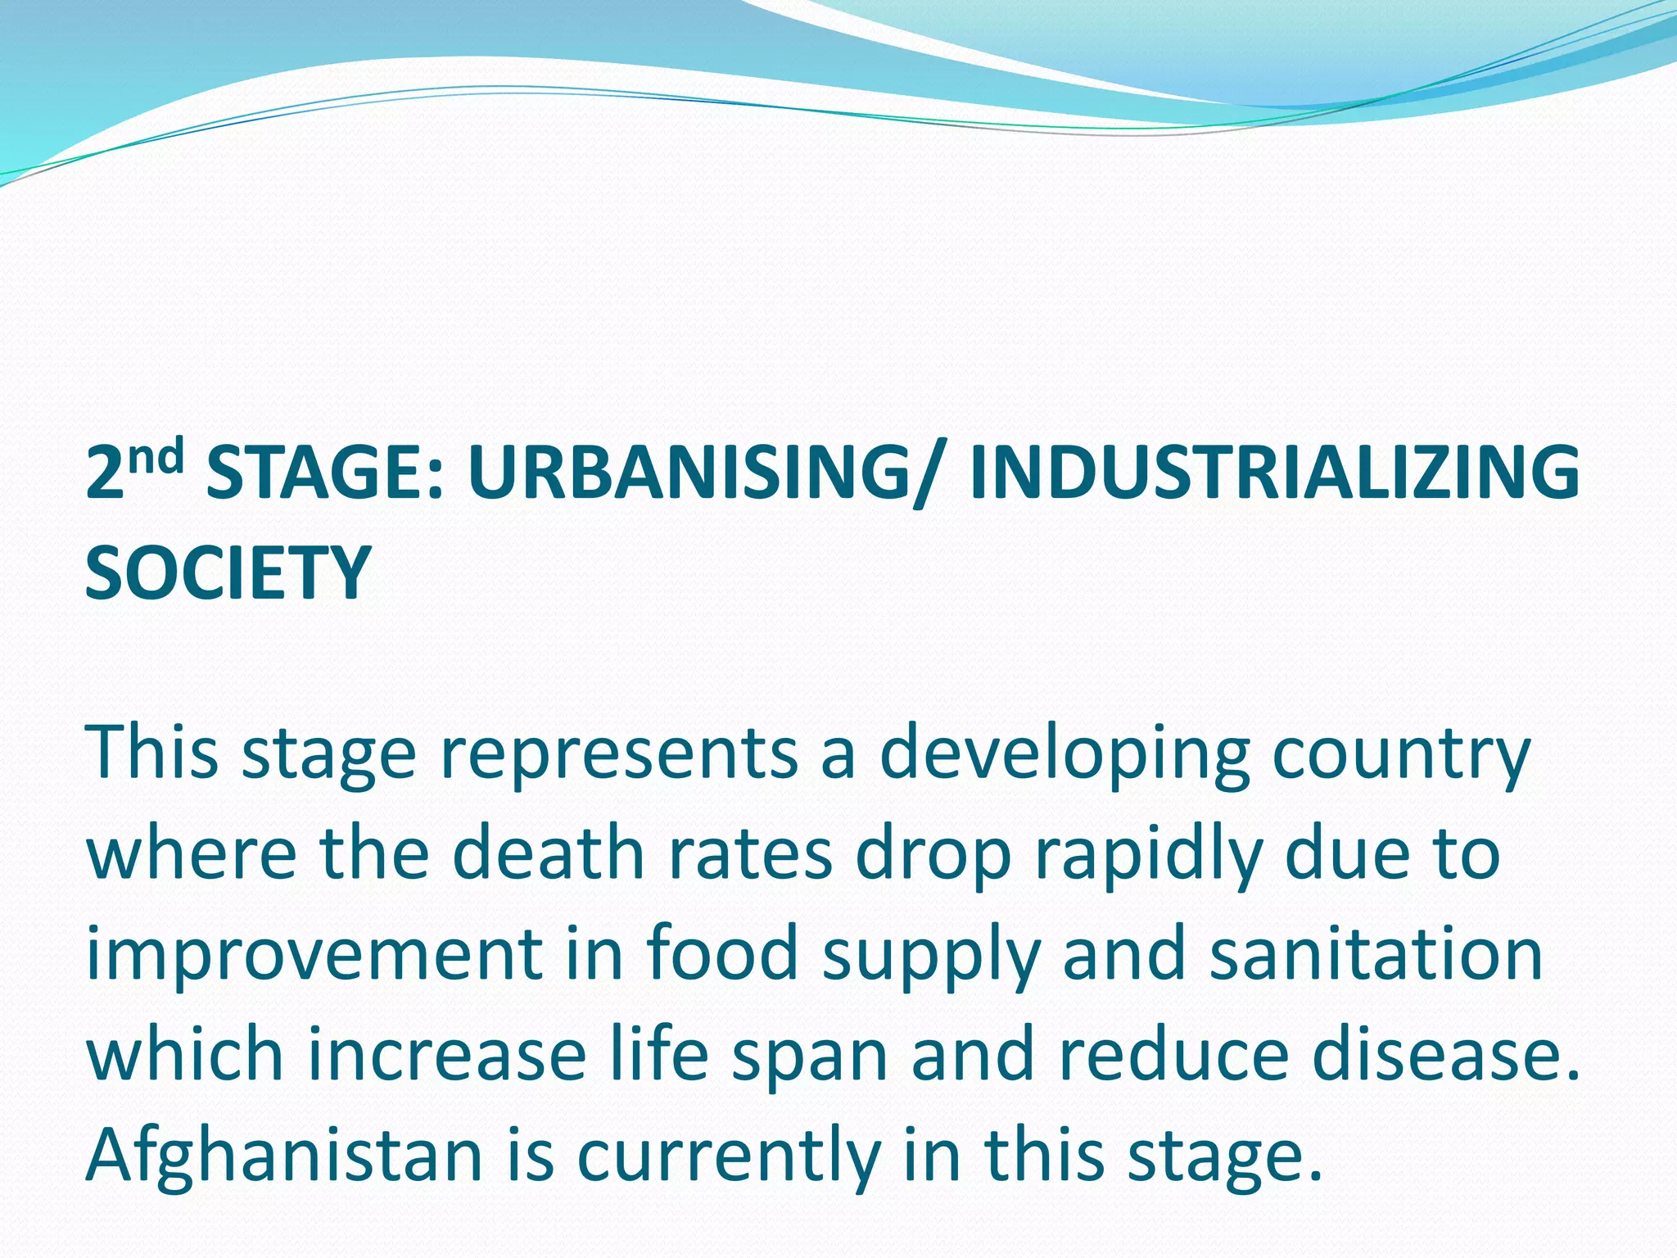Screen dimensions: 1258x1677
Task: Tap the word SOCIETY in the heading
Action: click(x=228, y=572)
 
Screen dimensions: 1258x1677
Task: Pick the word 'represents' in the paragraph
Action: click(x=619, y=753)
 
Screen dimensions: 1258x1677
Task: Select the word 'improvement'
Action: click(x=314, y=957)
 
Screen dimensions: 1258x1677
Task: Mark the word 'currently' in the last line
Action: click(x=728, y=1157)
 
